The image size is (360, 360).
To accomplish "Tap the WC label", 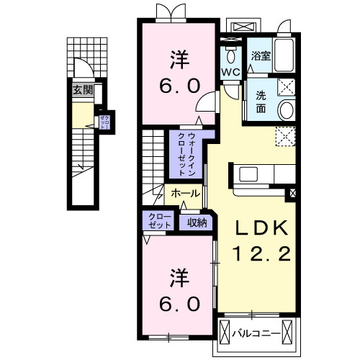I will click(230, 74).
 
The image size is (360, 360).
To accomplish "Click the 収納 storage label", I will click(197, 222).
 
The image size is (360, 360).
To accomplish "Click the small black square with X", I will click(292, 193).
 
